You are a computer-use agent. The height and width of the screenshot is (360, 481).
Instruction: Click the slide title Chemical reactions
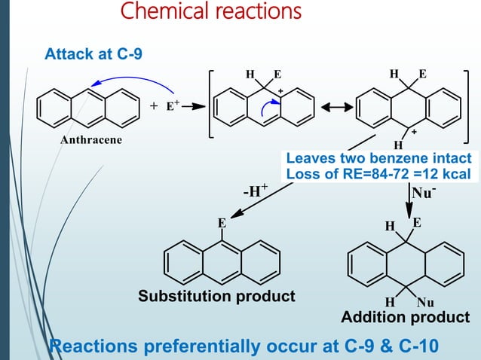point(210,13)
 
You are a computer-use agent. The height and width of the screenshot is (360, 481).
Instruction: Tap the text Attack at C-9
point(93,54)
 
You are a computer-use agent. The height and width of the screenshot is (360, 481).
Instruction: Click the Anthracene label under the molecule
point(90,140)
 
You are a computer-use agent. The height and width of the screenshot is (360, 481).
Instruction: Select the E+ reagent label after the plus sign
point(171,106)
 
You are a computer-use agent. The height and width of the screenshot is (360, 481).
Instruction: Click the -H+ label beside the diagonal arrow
point(254,191)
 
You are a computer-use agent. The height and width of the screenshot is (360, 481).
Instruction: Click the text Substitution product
point(216,296)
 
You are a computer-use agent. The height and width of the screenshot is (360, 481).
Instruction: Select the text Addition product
point(405,317)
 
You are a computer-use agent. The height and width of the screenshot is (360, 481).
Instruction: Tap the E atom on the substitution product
point(222,223)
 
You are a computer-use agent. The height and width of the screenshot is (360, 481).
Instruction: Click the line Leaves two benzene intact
point(379,160)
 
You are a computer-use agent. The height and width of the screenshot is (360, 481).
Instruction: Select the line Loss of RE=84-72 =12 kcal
point(379,175)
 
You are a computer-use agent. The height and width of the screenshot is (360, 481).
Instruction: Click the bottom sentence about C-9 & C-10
point(240,346)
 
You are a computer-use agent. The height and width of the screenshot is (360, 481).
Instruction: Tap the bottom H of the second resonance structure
point(398,145)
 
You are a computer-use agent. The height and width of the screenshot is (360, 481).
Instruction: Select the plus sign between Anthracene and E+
point(154,106)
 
